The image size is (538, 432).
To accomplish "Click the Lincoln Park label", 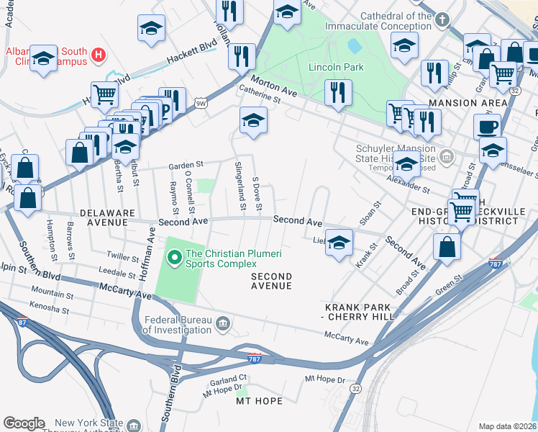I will (336, 68).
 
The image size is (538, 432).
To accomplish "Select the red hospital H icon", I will (99, 53).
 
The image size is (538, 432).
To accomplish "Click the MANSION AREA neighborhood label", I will (463, 103).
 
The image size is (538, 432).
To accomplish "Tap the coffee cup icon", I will (487, 127).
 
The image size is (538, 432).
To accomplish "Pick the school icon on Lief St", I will (339, 242).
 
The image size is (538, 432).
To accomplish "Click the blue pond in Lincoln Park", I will (355, 46).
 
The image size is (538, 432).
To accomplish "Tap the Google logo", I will (24, 423).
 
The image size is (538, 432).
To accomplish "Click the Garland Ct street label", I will (229, 377).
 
